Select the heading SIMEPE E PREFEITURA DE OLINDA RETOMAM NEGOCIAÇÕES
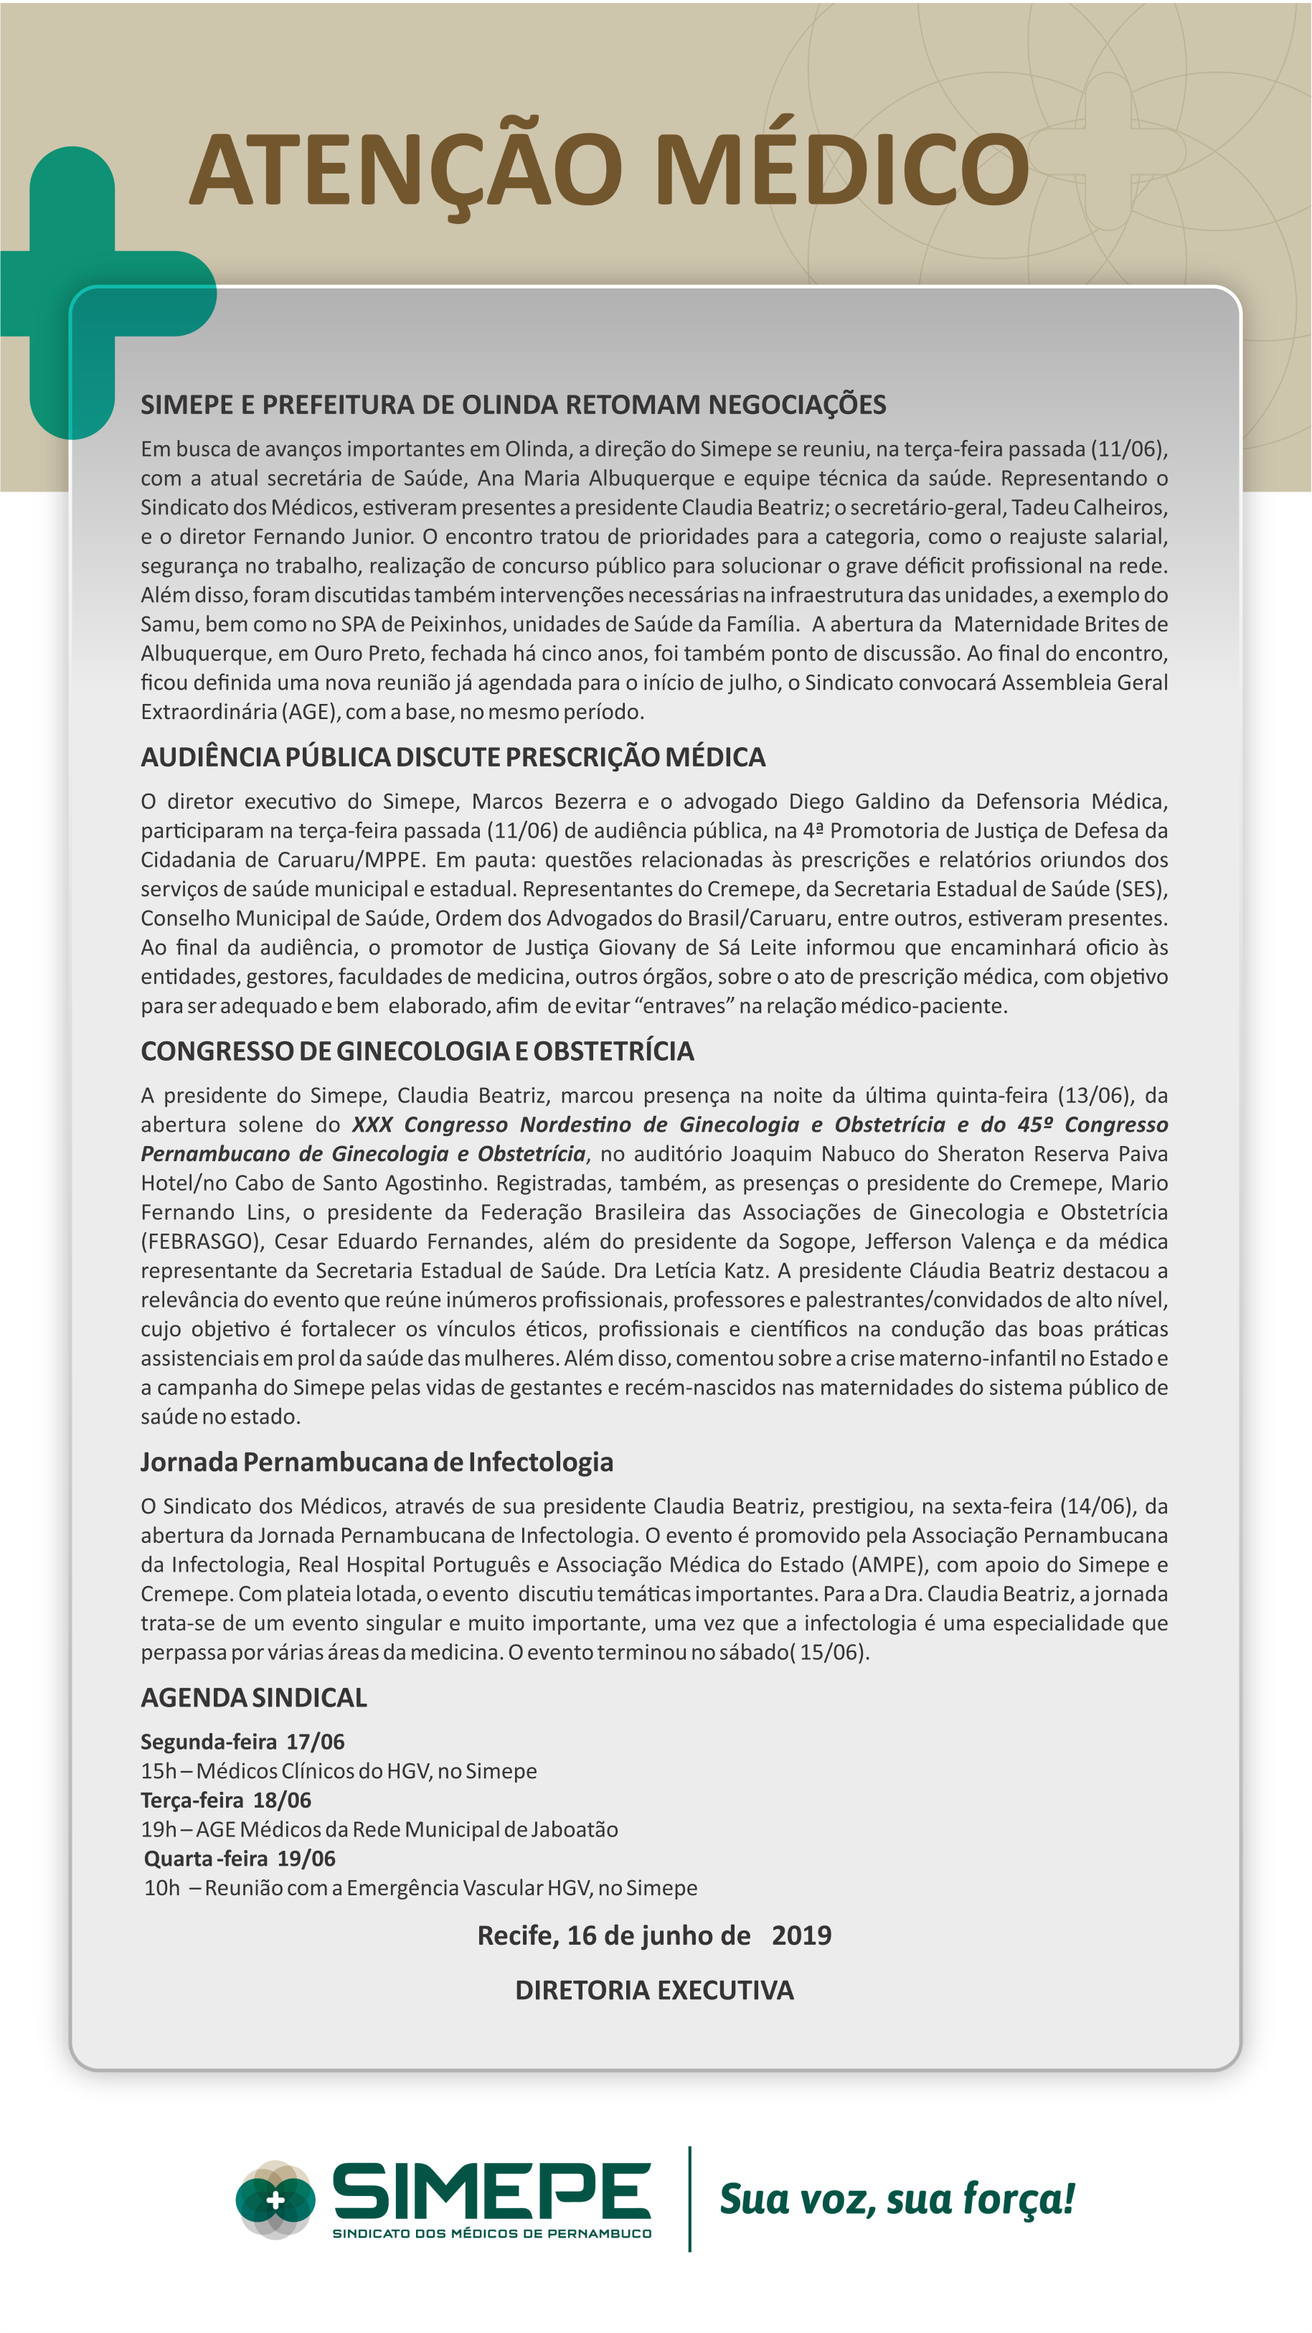(512, 404)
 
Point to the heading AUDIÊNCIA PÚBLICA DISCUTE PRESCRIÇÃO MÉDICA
(453, 756)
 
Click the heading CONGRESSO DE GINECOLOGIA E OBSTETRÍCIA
(417, 1051)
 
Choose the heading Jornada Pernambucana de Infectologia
(377, 1462)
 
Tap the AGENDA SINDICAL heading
(253, 1697)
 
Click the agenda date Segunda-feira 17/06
(242, 1742)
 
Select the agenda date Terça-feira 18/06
(225, 1800)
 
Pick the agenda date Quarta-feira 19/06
(239, 1859)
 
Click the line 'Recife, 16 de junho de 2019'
(653, 1935)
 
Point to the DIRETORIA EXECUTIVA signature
(653, 1990)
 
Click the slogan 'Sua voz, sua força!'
(897, 2198)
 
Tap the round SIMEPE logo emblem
(275, 2199)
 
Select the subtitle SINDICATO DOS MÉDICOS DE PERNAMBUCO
(491, 2233)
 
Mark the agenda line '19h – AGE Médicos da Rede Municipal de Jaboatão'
(379, 1829)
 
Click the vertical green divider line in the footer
(690, 2198)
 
